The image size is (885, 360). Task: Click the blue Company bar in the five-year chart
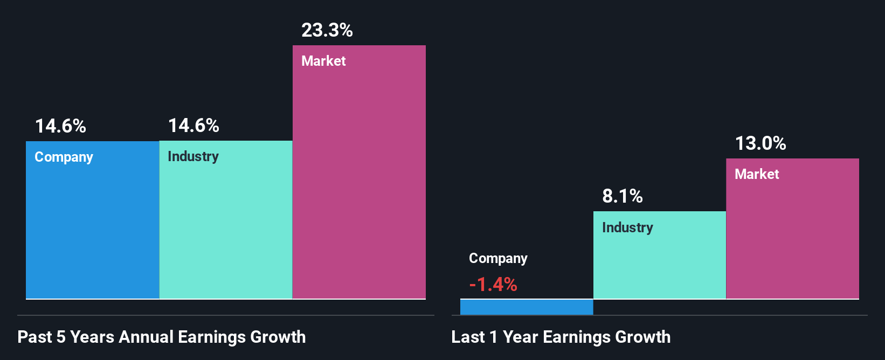click(92, 226)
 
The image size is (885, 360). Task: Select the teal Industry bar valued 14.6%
click(226, 226)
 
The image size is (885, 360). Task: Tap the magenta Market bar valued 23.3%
click(359, 178)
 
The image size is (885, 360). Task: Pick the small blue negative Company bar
click(527, 307)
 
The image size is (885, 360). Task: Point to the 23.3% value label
click(327, 30)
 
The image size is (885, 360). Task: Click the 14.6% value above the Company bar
click(60, 126)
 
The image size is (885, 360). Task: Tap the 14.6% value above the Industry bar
click(193, 126)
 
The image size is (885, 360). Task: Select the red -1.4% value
click(493, 284)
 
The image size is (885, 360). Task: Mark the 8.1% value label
click(623, 196)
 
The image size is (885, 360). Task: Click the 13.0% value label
click(760, 143)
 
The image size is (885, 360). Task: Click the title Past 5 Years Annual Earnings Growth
click(162, 337)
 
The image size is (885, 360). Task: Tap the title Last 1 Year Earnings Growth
click(561, 337)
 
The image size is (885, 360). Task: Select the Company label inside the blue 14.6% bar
click(64, 157)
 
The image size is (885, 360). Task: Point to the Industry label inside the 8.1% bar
click(627, 227)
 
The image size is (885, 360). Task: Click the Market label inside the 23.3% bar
click(323, 61)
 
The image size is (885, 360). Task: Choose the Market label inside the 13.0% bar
click(757, 174)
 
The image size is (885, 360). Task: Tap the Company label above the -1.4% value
click(498, 259)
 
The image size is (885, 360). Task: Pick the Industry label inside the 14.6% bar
click(193, 156)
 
